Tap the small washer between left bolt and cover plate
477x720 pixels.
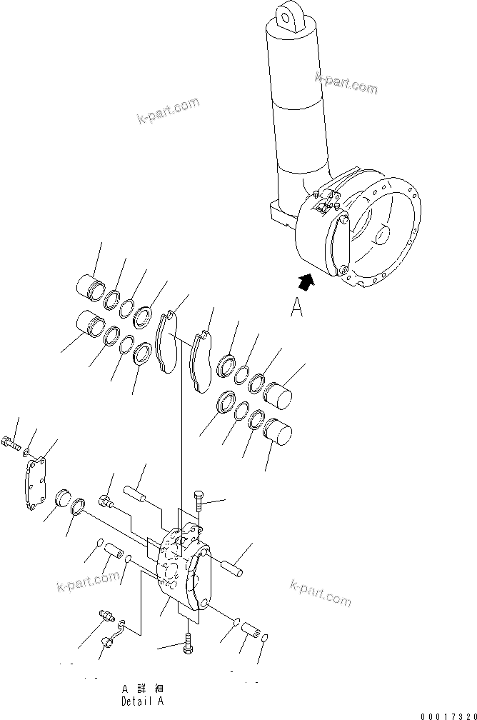click(x=26, y=452)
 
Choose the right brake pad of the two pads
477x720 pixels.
click(x=202, y=361)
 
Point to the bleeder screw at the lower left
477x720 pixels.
click(x=106, y=615)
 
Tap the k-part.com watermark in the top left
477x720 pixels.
click(x=169, y=111)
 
